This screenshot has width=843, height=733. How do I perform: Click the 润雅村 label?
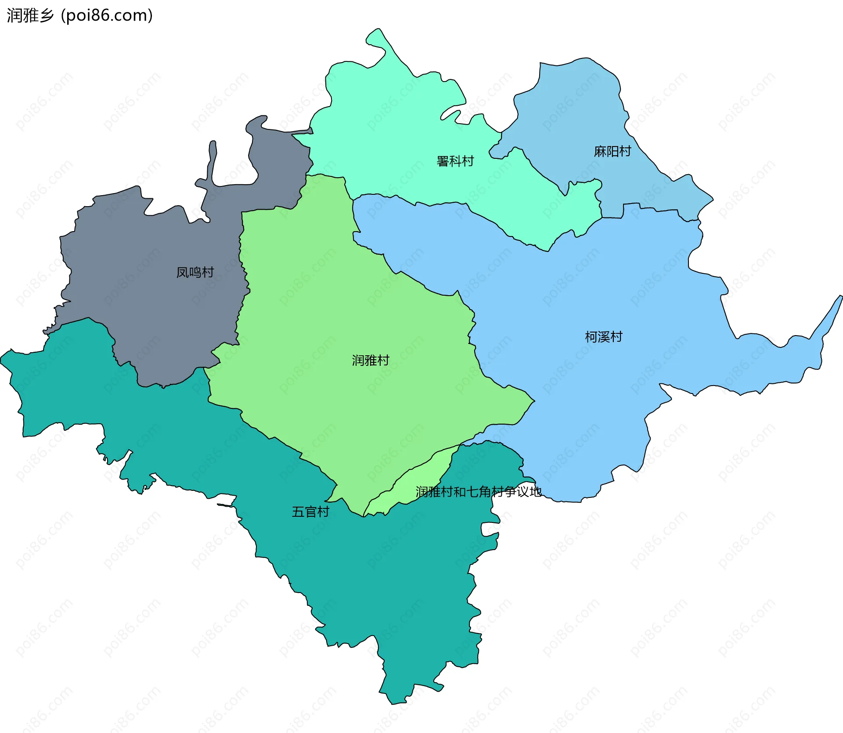(371, 361)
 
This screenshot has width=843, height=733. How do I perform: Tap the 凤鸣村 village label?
(195, 272)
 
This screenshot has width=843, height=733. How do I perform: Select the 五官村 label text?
(310, 512)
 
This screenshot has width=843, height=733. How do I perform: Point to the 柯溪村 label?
(604, 337)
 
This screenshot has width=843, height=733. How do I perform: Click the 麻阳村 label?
(612, 151)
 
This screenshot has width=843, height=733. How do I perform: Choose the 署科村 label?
(455, 161)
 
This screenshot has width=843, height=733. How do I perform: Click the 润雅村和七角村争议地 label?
(479, 492)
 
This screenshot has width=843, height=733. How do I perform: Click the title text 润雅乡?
(30, 15)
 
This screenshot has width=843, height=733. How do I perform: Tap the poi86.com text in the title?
(107, 15)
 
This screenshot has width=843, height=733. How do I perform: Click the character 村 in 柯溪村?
(616, 337)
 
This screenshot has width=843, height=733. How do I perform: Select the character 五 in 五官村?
(298, 512)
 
